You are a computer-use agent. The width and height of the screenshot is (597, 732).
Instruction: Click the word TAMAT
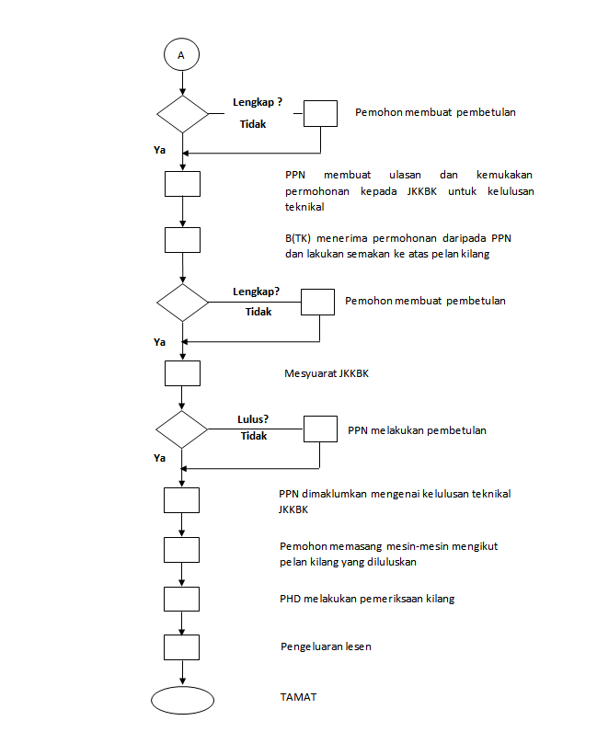tap(298, 697)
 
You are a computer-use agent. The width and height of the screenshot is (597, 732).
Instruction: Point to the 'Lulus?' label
tap(253, 419)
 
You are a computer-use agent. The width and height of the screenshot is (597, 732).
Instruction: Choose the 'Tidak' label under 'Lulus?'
tap(254, 436)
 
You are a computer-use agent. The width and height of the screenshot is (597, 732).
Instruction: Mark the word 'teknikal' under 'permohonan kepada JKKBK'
tap(304, 207)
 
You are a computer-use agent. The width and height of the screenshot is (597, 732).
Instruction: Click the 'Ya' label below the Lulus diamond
tap(160, 458)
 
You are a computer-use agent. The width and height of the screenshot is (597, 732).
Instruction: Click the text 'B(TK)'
tap(298, 238)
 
